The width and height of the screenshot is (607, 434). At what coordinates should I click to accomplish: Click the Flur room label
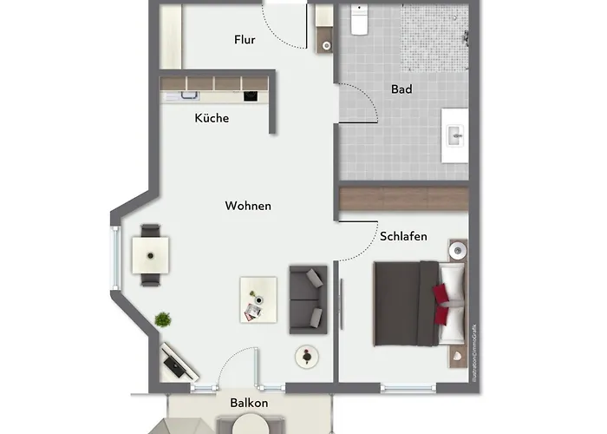click(x=245, y=40)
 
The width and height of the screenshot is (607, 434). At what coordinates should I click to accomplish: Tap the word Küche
click(x=212, y=118)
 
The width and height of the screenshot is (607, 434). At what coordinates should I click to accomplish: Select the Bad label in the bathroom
click(x=401, y=89)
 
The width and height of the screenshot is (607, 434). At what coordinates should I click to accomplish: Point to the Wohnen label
click(x=248, y=207)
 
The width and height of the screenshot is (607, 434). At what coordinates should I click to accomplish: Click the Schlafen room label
click(x=403, y=236)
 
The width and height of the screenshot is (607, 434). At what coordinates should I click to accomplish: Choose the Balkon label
click(x=249, y=404)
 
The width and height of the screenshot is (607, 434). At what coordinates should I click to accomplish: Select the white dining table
click(x=151, y=256)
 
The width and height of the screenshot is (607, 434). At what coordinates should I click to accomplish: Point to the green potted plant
click(x=162, y=320)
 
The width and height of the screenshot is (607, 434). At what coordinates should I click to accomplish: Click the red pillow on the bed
click(x=441, y=296)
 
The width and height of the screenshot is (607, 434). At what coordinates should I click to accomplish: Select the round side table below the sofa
click(x=305, y=355)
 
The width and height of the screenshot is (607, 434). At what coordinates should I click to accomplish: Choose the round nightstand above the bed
click(x=457, y=251)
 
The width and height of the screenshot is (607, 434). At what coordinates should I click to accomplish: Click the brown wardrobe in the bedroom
click(x=403, y=198)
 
